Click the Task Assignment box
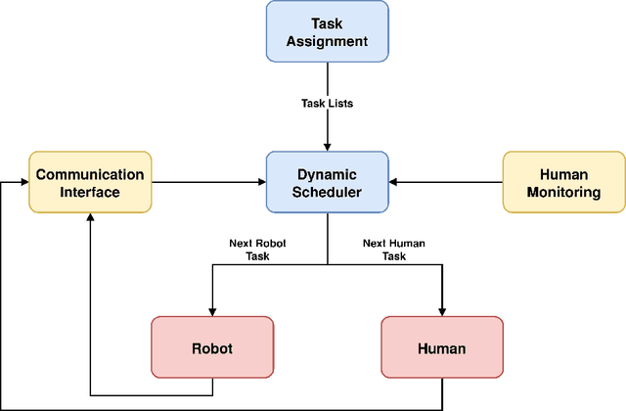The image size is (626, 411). pos(327,31)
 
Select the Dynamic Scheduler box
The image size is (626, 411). pos(328,182)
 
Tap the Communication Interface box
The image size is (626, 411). pos(90,182)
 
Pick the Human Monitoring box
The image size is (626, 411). pos(563,182)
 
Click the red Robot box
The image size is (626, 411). pos(211,347)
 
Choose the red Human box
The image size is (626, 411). pos(441,347)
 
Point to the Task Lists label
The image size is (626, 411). pos(328,101)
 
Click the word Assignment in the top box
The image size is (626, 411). pos(327,40)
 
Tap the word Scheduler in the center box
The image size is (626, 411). pos(328,192)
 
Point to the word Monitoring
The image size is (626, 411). pos(563,192)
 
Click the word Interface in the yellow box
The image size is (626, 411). pos(90,192)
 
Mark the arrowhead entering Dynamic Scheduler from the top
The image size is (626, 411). pos(328,147)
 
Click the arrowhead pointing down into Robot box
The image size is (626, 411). pos(211,311)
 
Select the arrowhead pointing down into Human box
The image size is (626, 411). pos(441,311)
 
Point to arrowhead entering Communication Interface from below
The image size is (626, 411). pos(90,218)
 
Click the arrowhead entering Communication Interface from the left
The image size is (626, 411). pos(22,182)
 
